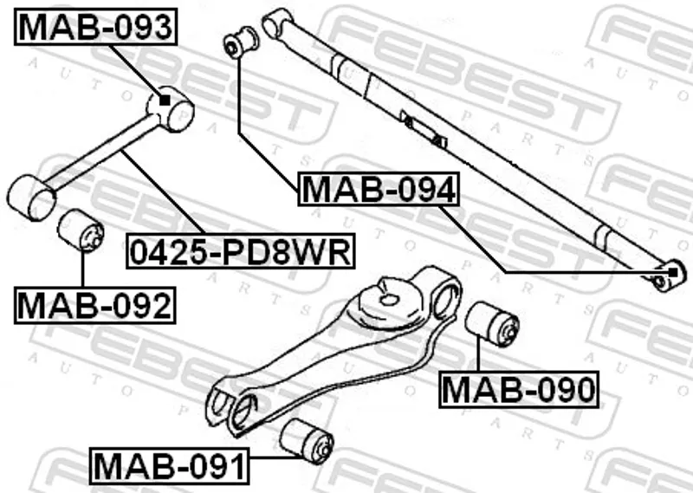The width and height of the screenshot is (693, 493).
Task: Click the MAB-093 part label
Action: [96, 27]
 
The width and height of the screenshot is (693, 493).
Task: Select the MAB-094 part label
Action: [379, 189]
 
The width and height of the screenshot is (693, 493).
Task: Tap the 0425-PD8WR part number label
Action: [241, 251]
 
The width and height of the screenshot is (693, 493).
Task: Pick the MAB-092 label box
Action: [95, 306]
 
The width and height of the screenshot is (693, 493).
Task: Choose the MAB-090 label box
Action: [519, 390]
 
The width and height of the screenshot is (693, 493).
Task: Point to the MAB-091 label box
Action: [169, 465]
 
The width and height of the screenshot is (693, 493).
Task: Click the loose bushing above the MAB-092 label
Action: [81, 230]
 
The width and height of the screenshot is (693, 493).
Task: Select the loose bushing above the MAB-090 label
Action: [492, 324]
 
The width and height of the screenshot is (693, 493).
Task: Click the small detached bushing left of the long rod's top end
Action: [241, 42]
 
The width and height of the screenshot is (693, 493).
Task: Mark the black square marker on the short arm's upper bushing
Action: [165, 101]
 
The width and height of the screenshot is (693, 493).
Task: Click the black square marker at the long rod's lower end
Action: [673, 272]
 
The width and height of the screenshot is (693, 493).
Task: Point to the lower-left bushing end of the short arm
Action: [31, 198]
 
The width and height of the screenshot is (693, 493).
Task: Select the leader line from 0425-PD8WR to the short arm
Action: [163, 191]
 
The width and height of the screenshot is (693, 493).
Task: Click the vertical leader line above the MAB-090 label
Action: [478, 354]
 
